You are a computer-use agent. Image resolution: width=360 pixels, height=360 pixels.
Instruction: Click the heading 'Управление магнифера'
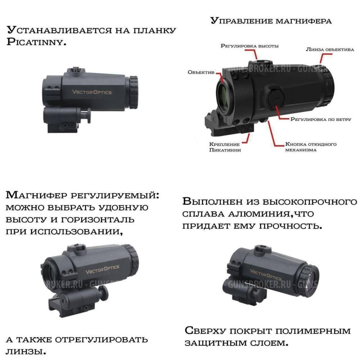point(270,21)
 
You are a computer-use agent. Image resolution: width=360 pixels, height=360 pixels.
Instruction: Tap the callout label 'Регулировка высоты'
point(249,46)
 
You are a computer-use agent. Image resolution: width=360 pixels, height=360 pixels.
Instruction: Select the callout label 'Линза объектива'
point(330,49)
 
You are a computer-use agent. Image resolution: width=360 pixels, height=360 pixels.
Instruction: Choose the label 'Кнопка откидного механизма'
point(311,147)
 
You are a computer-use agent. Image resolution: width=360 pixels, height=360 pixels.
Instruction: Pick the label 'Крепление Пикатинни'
point(225,147)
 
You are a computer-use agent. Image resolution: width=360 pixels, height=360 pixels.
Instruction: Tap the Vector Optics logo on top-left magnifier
point(92,92)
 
